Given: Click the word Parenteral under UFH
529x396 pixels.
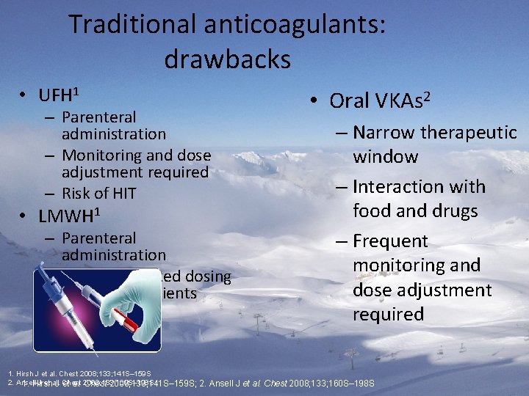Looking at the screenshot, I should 99,117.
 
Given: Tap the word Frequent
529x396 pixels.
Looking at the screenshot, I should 390,241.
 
